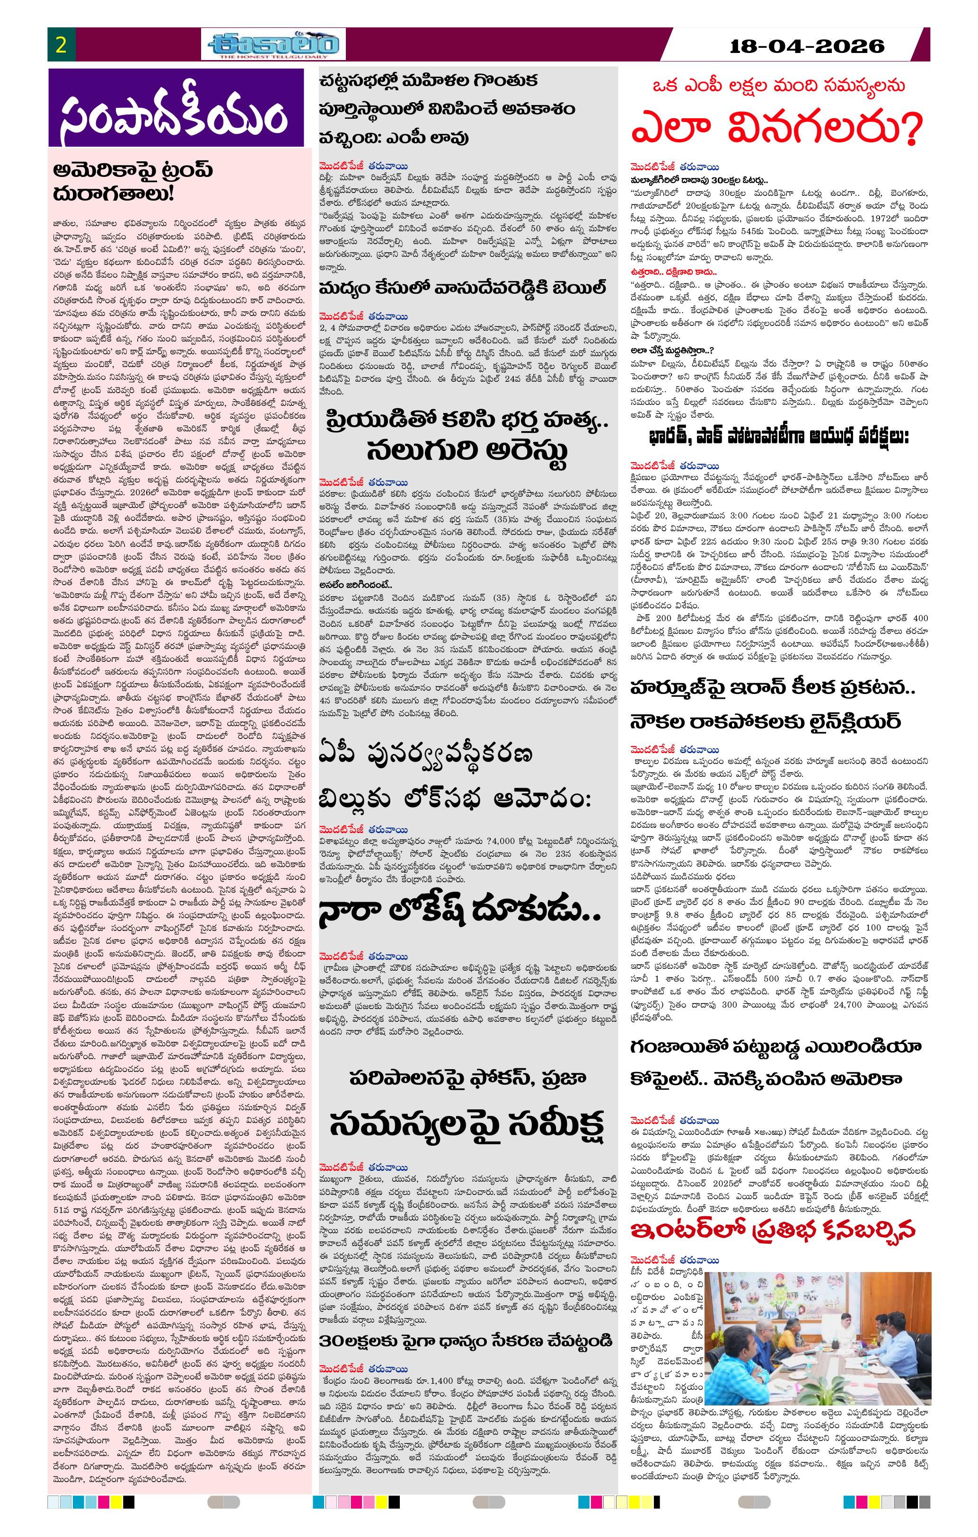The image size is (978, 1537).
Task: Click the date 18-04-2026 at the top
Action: pyautogui.click(x=807, y=46)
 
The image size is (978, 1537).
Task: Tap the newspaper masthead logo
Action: pyautogui.click(x=275, y=44)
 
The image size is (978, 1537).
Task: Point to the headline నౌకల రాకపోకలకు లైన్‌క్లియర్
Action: pyautogui.click(x=765, y=721)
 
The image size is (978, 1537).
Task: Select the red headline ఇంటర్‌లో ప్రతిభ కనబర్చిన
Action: pyautogui.click(x=773, y=1228)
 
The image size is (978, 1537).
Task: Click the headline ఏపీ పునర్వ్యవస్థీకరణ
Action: pyautogui.click(x=426, y=755)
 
